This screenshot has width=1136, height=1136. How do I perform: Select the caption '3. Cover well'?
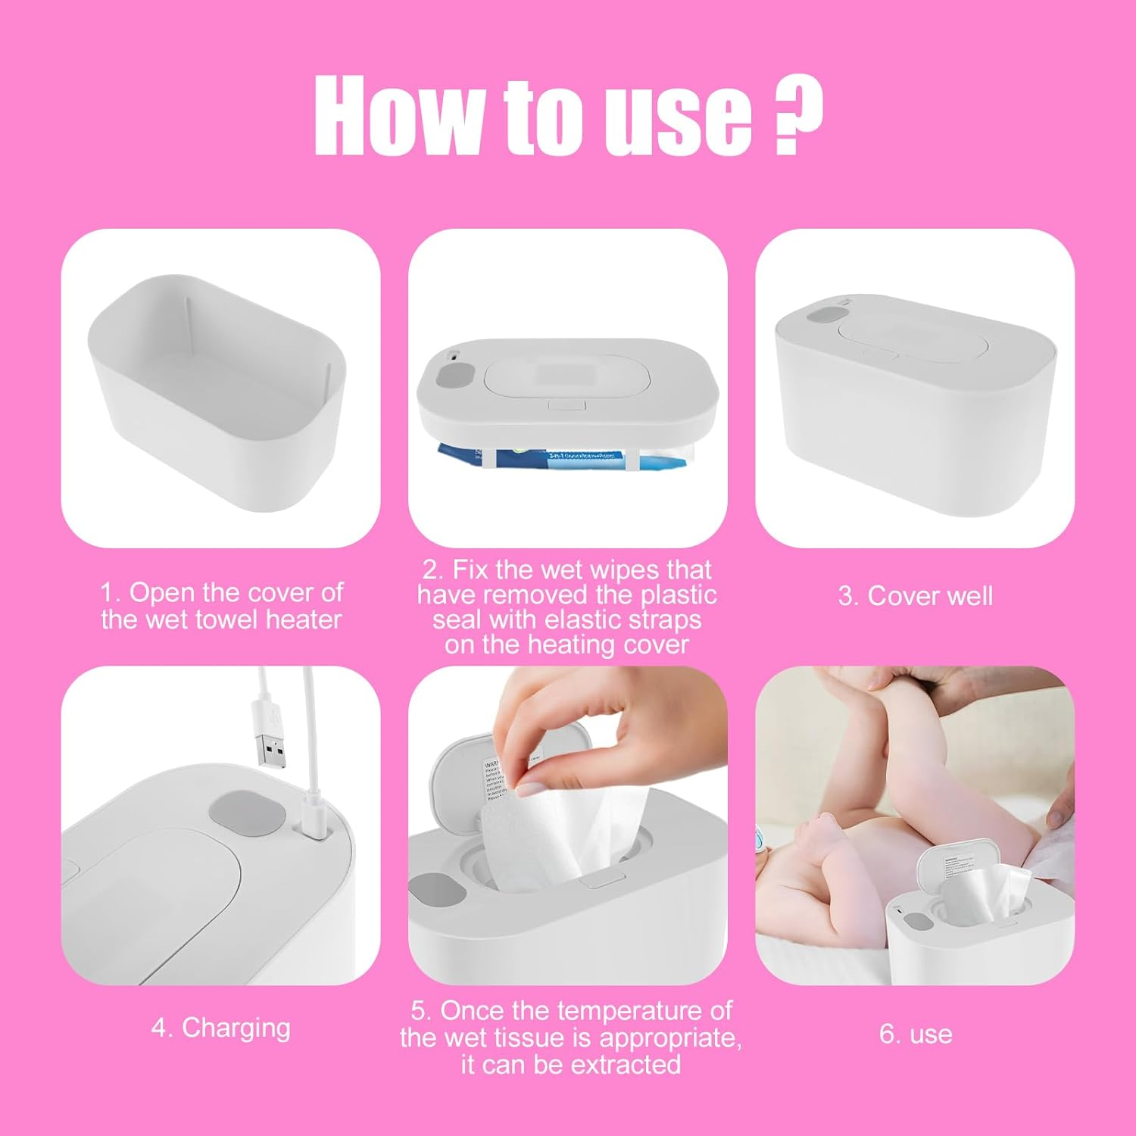tap(915, 596)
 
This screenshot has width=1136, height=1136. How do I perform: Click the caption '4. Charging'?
tap(220, 1028)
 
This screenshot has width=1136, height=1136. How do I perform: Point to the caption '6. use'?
tap(915, 1034)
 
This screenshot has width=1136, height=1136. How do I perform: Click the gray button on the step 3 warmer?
tap(826, 312)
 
